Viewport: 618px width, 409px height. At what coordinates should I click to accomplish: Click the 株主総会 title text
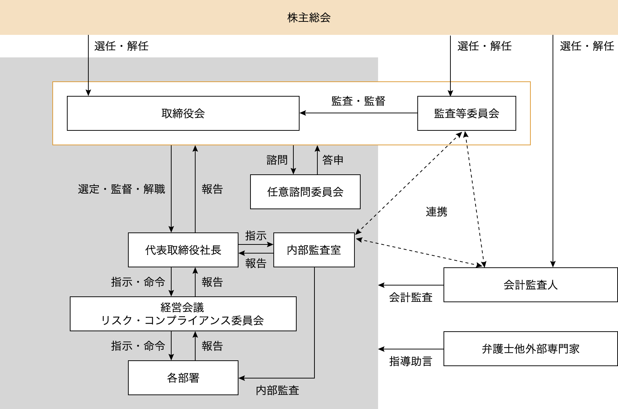pyautogui.click(x=309, y=17)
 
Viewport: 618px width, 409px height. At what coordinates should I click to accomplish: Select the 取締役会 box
pyautogui.click(x=183, y=113)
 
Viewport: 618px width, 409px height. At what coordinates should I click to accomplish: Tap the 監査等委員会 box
pyautogui.click(x=466, y=113)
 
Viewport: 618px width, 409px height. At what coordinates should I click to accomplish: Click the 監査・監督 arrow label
pyautogui.click(x=358, y=101)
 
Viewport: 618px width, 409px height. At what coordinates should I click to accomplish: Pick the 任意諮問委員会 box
pyautogui.click(x=305, y=192)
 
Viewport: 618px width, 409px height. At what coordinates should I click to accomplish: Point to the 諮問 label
pyautogui.click(x=277, y=160)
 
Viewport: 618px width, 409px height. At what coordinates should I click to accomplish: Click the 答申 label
pyautogui.click(x=333, y=160)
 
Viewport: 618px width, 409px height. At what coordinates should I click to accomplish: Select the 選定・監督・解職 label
pyautogui.click(x=121, y=189)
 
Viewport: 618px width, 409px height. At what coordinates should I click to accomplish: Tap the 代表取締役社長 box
pyautogui.click(x=183, y=250)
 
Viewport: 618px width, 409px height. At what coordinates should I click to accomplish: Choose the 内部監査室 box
pyautogui.click(x=314, y=250)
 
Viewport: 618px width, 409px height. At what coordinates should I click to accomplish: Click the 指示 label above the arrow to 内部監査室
pyautogui.click(x=256, y=236)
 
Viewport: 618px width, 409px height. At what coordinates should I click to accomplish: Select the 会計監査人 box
pyautogui.click(x=530, y=285)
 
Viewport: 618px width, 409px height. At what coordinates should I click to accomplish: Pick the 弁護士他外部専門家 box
pyautogui.click(x=530, y=349)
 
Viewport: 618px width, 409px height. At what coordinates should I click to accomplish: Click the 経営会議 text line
pyautogui.click(x=182, y=308)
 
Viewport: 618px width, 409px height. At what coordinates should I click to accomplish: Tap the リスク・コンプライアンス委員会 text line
pyautogui.click(x=182, y=320)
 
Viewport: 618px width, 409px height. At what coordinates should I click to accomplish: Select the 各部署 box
pyautogui.click(x=183, y=378)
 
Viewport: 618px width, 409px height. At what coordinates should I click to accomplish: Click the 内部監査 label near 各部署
pyautogui.click(x=277, y=390)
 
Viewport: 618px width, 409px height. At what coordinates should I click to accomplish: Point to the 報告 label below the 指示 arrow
pyautogui.click(x=256, y=263)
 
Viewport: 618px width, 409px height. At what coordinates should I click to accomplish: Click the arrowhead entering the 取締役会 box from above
pyautogui.click(x=88, y=93)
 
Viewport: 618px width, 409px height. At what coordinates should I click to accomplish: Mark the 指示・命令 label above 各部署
pyautogui.click(x=138, y=346)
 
